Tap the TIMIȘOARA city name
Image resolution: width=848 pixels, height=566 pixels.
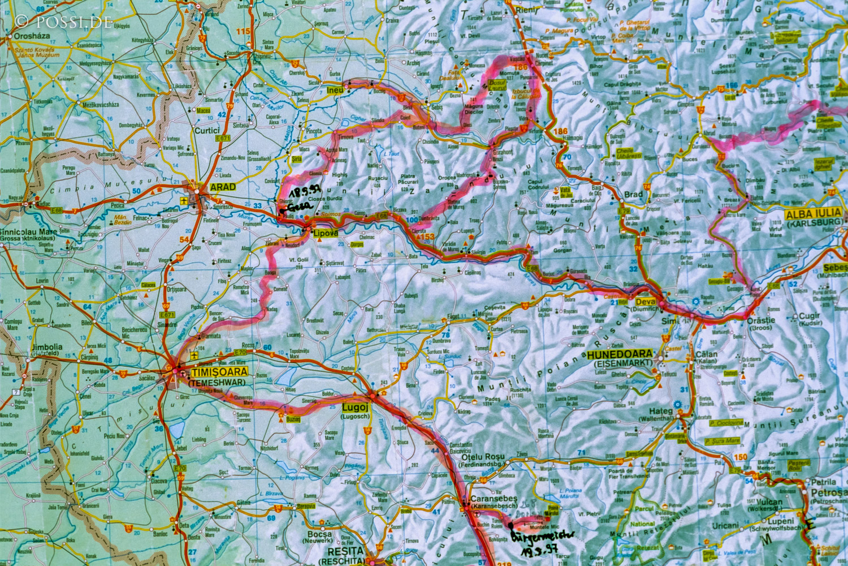click(x=219, y=372)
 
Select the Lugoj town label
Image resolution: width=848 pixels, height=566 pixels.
click(x=355, y=408)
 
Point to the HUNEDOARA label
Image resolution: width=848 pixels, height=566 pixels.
click(x=620, y=354)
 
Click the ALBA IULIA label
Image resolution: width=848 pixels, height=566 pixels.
click(x=813, y=213)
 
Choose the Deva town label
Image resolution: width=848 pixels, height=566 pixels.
click(x=646, y=302)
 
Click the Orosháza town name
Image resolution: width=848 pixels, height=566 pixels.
click(x=29, y=35)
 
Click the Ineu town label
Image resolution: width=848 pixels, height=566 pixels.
click(x=335, y=90)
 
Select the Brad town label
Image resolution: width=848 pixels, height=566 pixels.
click(x=633, y=194)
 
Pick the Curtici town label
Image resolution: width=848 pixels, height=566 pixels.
click(x=206, y=130)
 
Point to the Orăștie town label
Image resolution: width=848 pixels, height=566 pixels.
click(x=761, y=320)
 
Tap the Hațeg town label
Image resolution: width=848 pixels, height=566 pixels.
click(x=660, y=411)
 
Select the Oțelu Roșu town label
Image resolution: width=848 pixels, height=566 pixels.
click(x=483, y=457)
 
